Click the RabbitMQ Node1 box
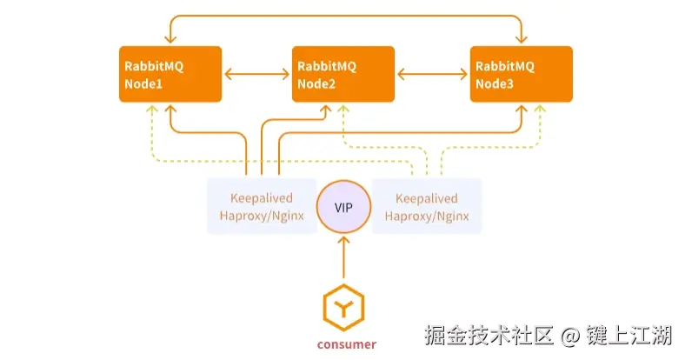point(170,74)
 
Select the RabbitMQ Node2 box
point(342,74)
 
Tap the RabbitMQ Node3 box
point(521,74)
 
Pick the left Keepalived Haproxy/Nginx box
point(261,207)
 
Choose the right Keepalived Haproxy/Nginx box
point(426,207)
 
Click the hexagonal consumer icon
point(343,305)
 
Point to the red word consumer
point(346,344)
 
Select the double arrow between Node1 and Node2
point(256,75)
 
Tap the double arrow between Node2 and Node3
point(432,75)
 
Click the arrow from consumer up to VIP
point(343,257)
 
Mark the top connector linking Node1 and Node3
point(346,16)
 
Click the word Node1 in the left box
point(144,84)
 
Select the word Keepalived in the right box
point(426,198)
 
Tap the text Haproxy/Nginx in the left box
point(261,217)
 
